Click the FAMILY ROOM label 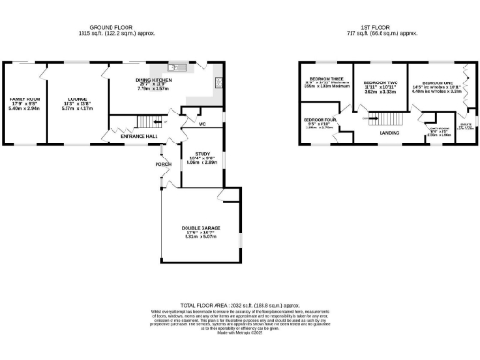tap(25, 98)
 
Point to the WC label tap(202, 123)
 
